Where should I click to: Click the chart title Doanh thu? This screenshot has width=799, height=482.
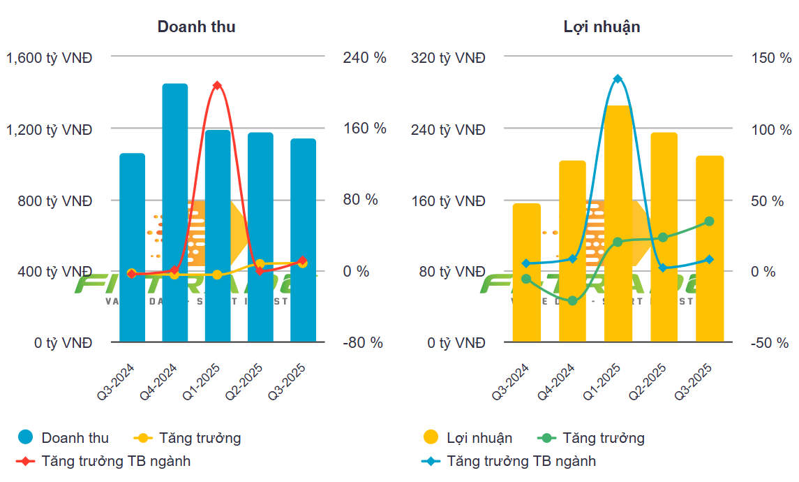click(196, 27)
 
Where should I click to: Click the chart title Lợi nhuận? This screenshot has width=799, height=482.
click(602, 27)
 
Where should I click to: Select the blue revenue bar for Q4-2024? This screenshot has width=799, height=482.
click(175, 210)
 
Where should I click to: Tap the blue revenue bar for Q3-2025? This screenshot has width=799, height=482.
click(303, 238)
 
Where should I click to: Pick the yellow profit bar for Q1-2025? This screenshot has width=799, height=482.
click(618, 224)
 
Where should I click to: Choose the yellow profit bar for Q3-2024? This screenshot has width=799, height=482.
click(527, 272)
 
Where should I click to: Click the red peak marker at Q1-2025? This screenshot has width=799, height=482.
click(217, 85)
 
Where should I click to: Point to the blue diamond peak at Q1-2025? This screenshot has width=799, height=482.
click(618, 79)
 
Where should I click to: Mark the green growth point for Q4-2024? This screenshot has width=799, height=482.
click(573, 301)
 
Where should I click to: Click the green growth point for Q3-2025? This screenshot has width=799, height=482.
click(710, 221)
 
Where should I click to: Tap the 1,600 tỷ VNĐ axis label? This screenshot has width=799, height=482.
click(49, 58)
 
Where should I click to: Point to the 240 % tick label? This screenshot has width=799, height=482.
click(364, 58)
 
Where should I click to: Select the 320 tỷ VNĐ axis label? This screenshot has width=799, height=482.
click(448, 58)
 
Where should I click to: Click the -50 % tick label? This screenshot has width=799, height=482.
click(770, 343)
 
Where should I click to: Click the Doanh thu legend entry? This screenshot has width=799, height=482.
click(75, 438)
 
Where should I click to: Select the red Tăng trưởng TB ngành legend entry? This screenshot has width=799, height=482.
click(115, 461)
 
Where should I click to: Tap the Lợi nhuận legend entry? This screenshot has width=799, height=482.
click(479, 438)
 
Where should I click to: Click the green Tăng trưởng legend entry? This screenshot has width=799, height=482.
click(603, 438)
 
